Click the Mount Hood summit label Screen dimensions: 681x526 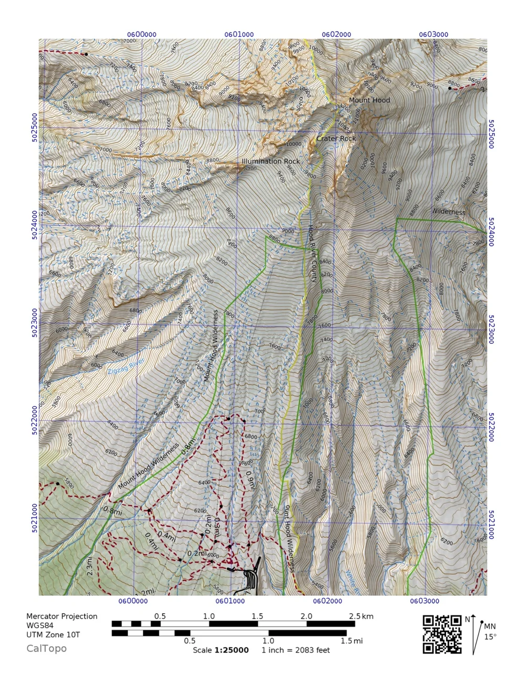(x=369, y=100)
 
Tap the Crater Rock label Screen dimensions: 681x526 (x=336, y=138)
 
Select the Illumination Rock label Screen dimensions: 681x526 (x=270, y=161)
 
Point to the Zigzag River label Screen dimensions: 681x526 (x=126, y=366)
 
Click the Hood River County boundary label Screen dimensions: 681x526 (x=312, y=253)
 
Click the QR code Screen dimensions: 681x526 (x=442, y=634)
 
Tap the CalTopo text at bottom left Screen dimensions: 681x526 (x=46, y=648)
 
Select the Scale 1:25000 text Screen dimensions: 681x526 (x=220, y=650)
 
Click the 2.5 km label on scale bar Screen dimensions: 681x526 (x=361, y=616)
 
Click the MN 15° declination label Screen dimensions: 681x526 (x=490, y=631)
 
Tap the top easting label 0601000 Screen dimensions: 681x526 (x=239, y=35)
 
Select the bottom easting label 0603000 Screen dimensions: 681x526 (x=424, y=600)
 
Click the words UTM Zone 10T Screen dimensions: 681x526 (x=53, y=635)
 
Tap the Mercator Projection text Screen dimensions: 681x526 (x=62, y=616)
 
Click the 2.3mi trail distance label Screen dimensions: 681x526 (x=90, y=566)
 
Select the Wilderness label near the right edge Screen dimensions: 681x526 (x=448, y=212)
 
